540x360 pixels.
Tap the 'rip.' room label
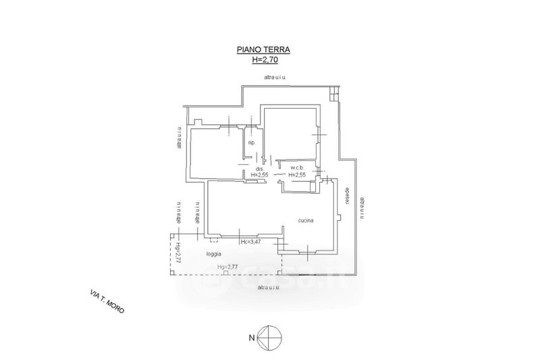[251, 143]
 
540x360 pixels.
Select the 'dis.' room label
[259, 168]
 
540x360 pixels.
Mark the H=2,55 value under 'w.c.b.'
[298, 176]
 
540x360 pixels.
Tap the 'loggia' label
[215, 254]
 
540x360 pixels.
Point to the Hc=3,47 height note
[250, 242]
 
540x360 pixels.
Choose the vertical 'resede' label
[347, 197]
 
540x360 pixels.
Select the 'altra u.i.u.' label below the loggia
[269, 287]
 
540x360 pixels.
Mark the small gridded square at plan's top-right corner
[333, 95]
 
